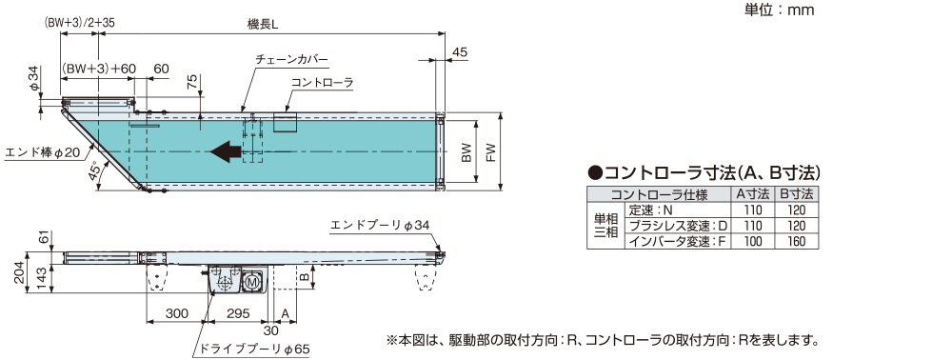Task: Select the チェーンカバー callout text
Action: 292,59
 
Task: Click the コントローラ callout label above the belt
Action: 322,84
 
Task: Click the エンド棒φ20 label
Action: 43,151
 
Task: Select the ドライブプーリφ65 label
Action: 257,350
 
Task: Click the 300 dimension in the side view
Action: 175,313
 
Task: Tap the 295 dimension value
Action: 239,313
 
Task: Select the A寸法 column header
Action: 752,194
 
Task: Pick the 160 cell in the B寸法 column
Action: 798,241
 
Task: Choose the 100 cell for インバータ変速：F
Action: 752,241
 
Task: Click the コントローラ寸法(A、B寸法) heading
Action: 704,173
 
